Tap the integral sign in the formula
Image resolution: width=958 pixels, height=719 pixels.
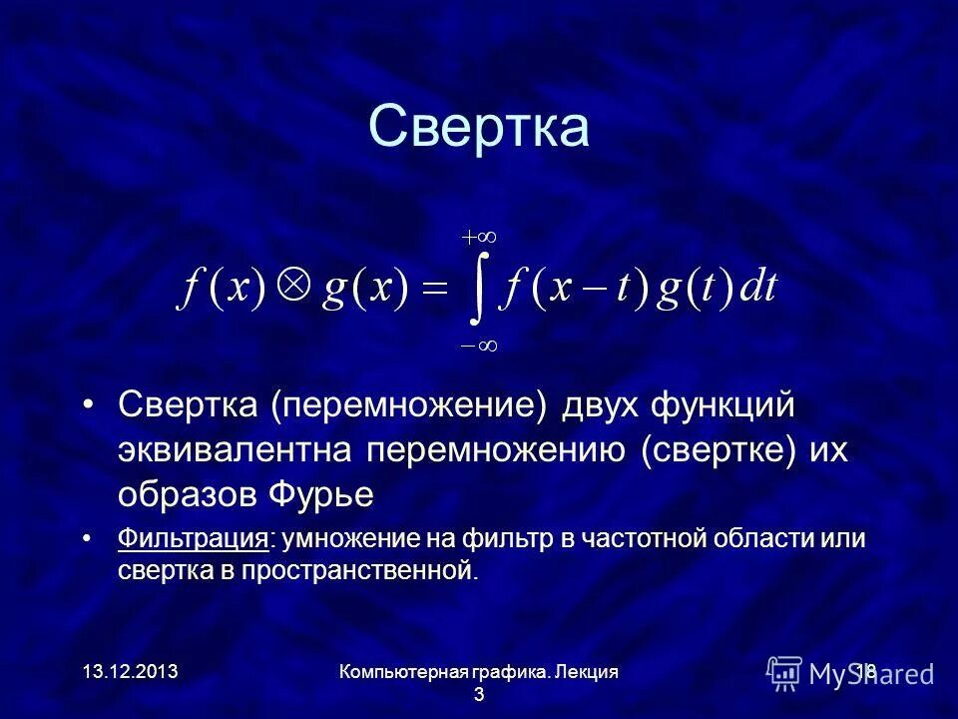(x=480, y=291)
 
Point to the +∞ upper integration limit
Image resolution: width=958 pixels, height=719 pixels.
(x=479, y=238)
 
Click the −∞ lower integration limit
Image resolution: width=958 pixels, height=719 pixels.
(x=479, y=345)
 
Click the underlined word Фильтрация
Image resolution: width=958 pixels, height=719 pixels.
(x=193, y=539)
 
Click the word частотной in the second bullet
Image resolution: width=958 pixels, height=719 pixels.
(x=645, y=539)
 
